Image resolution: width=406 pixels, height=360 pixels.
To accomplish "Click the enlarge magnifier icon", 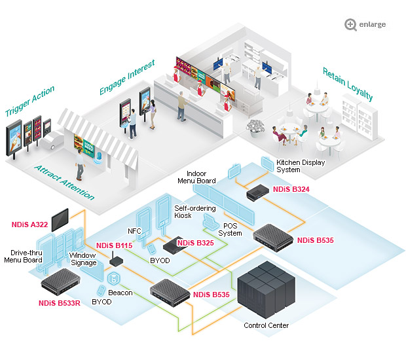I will point(350,24).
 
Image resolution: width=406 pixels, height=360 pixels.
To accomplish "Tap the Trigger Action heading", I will point(29,101).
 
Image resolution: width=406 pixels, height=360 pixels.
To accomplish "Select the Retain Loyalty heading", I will point(347,83).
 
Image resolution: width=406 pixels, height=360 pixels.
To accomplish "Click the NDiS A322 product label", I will point(29,224).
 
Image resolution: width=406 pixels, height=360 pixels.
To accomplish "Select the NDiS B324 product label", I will point(291,189).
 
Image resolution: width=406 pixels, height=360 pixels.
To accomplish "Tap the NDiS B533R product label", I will point(59,303).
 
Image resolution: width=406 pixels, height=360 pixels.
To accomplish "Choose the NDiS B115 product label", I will point(115,245).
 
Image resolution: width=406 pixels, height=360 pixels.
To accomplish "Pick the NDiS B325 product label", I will point(196,243).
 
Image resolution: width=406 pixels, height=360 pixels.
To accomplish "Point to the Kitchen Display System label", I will point(297,166).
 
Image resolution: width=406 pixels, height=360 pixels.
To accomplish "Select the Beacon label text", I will point(120,293).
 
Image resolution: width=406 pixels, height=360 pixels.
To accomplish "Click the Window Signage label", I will point(84,259).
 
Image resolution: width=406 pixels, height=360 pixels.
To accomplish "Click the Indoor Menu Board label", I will point(196,177).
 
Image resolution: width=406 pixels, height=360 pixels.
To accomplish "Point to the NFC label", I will point(134,231).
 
